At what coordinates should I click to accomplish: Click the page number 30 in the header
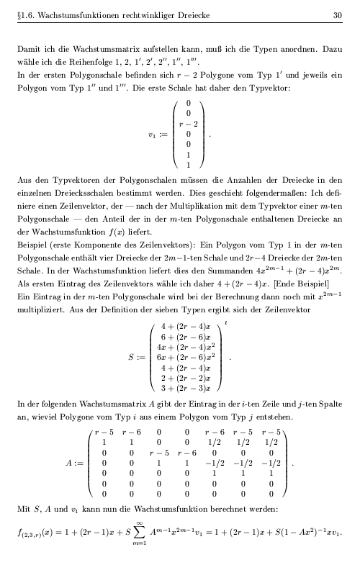point(337,14)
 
